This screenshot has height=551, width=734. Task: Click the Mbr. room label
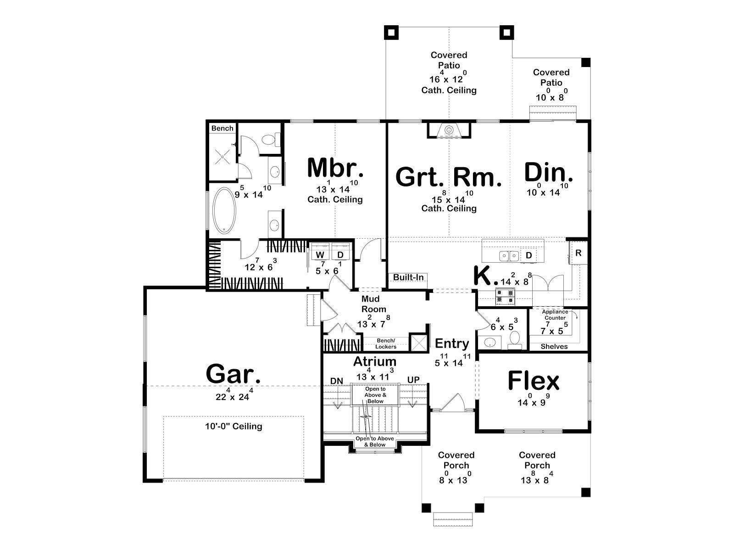pos(335,168)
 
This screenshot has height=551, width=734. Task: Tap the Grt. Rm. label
pos(449,177)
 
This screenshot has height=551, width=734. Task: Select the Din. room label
pos(549,172)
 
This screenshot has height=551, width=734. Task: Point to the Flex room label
pos(534,381)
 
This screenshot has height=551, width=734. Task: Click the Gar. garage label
pos(233,374)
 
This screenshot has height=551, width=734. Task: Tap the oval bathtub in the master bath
pos(224,211)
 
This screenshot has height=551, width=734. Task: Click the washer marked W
pos(320,254)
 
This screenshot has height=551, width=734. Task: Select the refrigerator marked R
pos(578,253)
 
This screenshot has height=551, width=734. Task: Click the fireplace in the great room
pos(449,130)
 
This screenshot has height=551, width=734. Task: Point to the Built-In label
pos(408,277)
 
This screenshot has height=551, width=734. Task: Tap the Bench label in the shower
pos(222,129)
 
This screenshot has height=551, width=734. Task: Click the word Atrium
pos(375,361)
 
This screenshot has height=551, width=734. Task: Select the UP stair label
pos(413,380)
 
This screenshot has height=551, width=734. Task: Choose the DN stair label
pos(337,381)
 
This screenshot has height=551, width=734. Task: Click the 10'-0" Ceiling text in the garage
pos(234,426)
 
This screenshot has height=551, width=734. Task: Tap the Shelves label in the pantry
pos(554,347)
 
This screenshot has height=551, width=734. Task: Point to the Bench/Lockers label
pos(385,343)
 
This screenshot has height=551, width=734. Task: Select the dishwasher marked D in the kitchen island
pos(528,256)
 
